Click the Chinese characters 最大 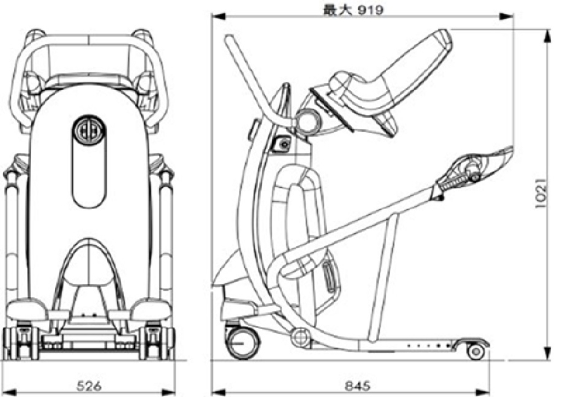(x=335, y=10)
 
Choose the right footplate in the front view (x=148, y=309)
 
